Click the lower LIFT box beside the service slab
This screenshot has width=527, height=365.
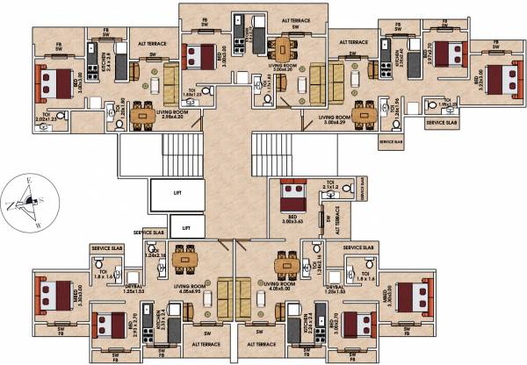[184, 226]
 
